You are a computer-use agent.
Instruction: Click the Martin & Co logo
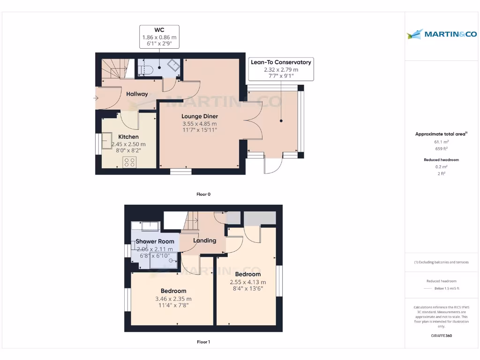[442, 34]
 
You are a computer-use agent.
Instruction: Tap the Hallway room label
[137, 94]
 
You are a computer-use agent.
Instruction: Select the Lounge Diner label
[200, 116]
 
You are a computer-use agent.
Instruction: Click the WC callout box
[159, 37]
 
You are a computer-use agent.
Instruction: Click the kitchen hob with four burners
[129, 162]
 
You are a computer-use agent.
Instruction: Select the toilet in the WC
[146, 70]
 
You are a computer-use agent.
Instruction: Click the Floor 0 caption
[203, 194]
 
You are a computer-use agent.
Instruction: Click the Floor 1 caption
[203, 342]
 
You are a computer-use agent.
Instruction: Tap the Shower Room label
[155, 241]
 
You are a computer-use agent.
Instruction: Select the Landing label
[205, 240]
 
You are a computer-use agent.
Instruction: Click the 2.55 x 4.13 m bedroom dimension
[247, 282]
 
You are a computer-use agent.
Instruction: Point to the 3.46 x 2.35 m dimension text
[173, 299]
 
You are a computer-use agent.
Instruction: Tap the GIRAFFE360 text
[441, 336]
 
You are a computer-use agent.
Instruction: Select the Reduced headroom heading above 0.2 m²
[441, 160]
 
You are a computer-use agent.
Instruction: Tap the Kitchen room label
[128, 137]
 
